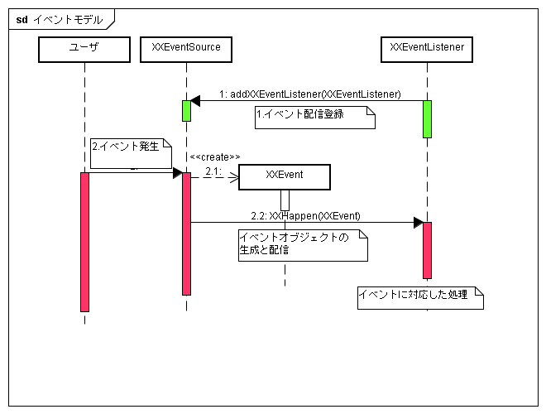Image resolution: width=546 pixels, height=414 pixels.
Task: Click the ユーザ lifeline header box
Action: click(x=84, y=50)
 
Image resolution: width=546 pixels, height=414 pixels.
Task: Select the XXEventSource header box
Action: click(x=186, y=50)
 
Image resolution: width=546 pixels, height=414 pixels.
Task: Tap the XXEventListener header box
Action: click(x=427, y=50)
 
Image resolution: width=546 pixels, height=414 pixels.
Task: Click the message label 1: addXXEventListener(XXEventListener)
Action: click(x=310, y=94)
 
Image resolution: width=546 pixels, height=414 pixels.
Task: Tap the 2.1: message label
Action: click(x=213, y=171)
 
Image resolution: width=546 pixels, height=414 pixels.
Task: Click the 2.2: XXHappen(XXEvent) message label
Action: click(x=306, y=216)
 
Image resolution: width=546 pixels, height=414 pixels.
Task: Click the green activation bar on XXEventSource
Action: click(x=186, y=110)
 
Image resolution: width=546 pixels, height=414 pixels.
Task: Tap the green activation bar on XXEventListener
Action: click(x=427, y=118)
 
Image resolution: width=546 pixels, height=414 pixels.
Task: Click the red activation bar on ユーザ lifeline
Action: click(x=84, y=242)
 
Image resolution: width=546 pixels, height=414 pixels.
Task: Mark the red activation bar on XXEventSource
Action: click(x=186, y=233)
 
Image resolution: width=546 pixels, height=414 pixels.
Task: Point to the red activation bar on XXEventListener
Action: click(x=427, y=250)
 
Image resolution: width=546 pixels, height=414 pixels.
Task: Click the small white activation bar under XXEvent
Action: click(x=285, y=200)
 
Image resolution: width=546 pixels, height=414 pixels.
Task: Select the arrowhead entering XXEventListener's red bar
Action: click(x=419, y=223)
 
